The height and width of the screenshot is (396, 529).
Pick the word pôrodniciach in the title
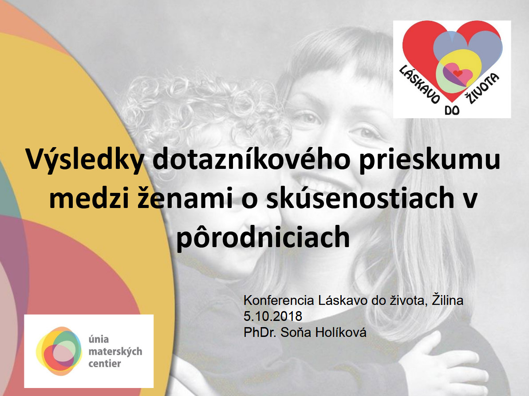(x=263, y=237)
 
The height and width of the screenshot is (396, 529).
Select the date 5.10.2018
(x=272, y=316)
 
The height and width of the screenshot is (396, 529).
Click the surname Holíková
(x=340, y=332)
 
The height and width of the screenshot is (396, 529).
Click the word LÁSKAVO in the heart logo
(x=419, y=84)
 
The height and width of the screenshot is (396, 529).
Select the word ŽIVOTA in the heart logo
(x=482, y=88)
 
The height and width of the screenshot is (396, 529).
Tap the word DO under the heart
(x=452, y=110)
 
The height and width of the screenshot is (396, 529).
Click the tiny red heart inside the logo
(x=458, y=73)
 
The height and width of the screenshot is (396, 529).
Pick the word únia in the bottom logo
(x=99, y=339)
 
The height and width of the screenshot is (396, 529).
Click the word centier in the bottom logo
(x=105, y=364)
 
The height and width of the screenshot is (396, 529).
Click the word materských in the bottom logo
(x=115, y=352)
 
